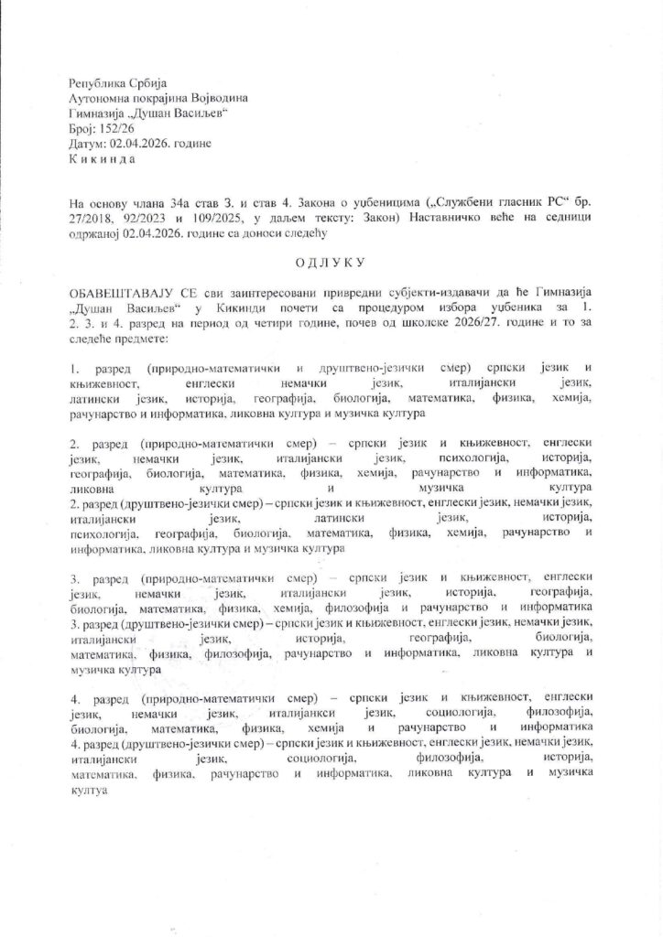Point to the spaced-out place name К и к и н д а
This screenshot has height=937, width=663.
[101, 159]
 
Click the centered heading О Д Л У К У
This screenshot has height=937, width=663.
[331, 264]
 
